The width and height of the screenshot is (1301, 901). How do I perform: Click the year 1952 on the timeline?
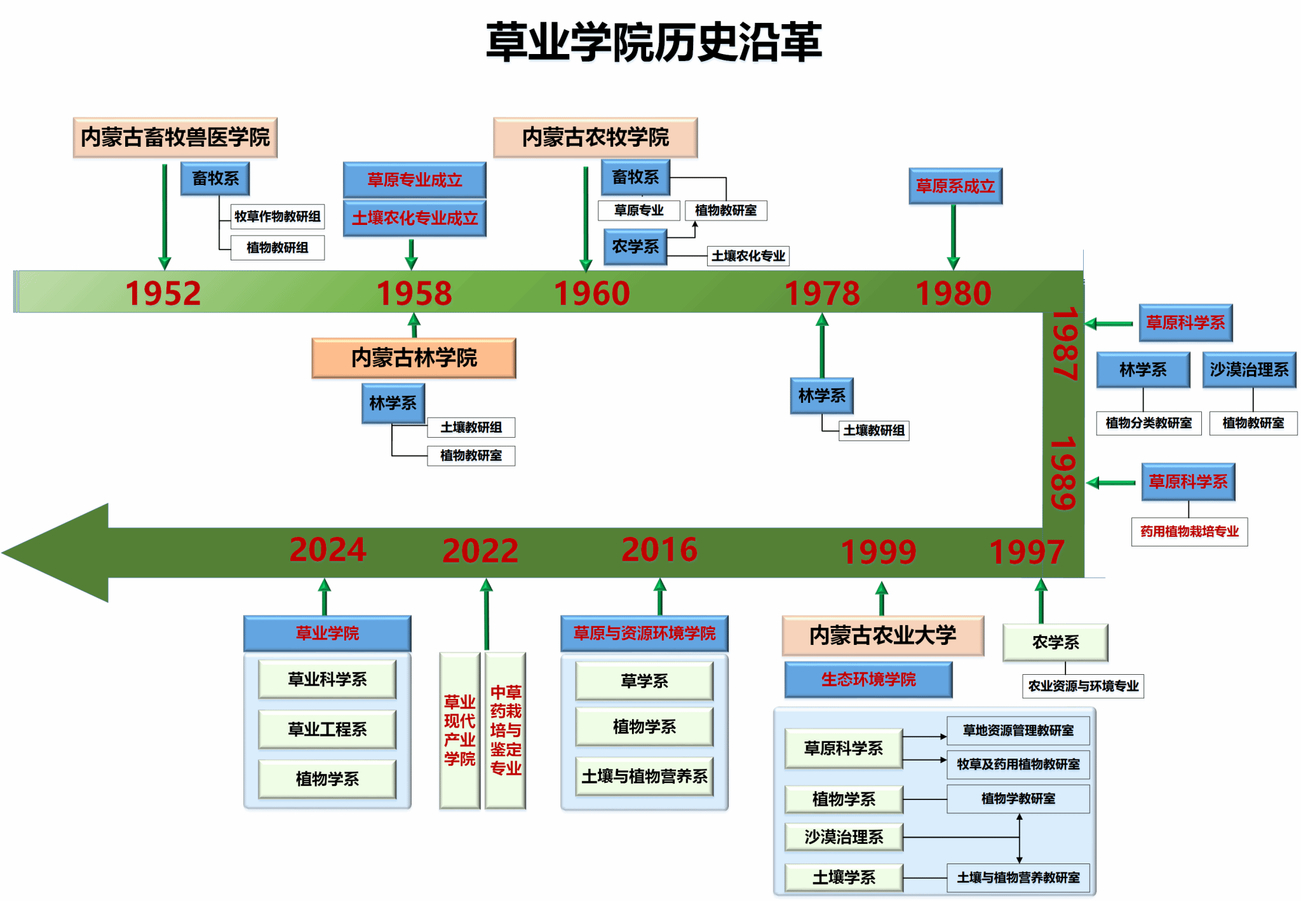163,293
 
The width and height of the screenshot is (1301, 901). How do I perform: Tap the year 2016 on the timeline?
659,550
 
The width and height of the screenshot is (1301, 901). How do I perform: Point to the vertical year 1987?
1064,344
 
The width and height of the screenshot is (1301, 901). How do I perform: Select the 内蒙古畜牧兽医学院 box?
175,137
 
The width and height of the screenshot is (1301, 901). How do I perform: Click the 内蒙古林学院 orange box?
414,358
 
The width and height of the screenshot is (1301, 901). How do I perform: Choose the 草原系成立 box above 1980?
955,186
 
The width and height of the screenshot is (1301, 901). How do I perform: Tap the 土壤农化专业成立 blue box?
414,218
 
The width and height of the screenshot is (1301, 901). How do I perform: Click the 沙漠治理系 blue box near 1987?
1249,369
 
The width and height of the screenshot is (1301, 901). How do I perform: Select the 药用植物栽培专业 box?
1189,531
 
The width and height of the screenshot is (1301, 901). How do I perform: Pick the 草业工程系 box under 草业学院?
327,729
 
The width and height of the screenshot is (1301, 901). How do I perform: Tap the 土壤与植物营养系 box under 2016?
644,776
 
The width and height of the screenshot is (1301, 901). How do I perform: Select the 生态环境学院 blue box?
868,679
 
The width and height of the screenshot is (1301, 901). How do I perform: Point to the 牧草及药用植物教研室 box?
1018,764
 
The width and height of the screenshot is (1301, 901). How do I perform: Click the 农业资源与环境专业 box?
1083,686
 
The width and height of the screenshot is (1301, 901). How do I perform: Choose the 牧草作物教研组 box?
278,216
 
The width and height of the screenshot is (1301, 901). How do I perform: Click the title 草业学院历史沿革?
654,42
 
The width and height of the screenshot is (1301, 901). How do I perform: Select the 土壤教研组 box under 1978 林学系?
873,430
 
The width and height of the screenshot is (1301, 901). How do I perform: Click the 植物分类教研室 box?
1149,423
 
